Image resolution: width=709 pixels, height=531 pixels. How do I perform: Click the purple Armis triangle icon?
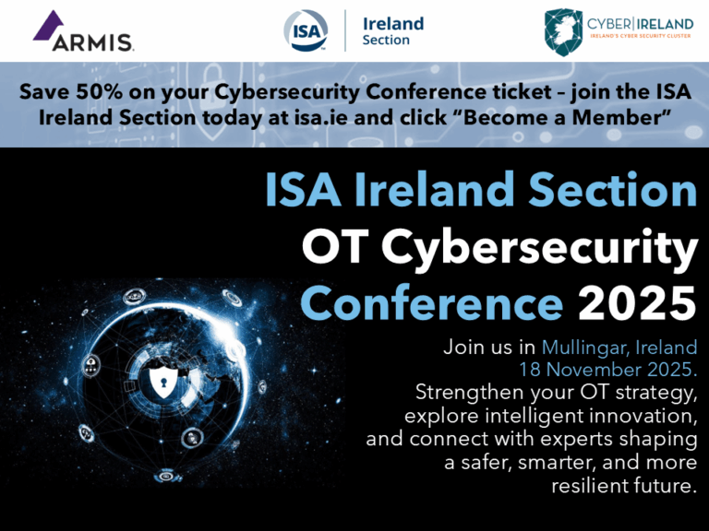tap(47, 26)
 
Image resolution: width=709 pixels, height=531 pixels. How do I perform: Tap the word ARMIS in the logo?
tap(92, 43)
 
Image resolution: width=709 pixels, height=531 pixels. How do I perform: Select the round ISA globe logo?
tap(306, 30)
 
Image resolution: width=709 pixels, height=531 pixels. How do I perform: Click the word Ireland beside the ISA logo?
tap(393, 23)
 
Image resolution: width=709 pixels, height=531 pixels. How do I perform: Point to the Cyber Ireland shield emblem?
tap(563, 32)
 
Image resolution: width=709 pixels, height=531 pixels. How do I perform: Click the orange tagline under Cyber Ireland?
tap(641, 36)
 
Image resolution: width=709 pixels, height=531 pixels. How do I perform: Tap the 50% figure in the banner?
tap(99, 92)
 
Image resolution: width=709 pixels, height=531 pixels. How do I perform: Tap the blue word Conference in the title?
tap(432, 302)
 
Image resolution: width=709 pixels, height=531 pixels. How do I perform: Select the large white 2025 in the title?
tap(637, 303)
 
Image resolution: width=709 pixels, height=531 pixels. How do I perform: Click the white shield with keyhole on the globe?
tap(163, 382)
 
